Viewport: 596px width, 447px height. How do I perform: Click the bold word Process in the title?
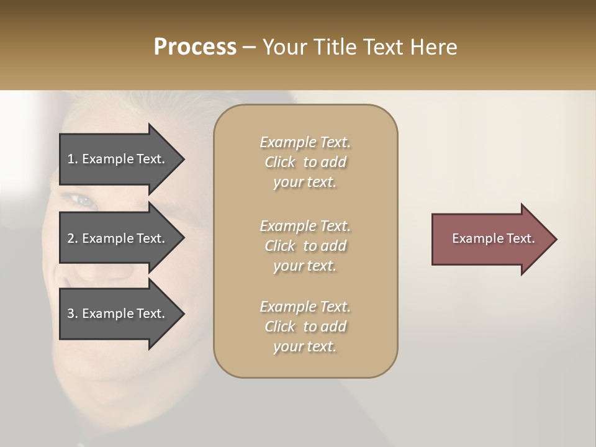point(195,47)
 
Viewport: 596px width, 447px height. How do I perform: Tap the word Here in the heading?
point(433,47)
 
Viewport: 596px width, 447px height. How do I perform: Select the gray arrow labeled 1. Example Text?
point(118,159)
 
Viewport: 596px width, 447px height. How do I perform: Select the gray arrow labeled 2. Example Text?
point(118,238)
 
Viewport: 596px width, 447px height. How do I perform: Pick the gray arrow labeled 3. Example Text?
point(118,314)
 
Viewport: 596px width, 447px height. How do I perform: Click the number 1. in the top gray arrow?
point(73,159)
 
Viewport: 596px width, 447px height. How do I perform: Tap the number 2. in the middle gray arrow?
point(73,238)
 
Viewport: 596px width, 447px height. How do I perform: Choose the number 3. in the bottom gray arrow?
point(73,314)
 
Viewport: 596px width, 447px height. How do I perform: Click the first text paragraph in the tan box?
point(305,162)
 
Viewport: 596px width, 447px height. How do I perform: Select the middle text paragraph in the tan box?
point(305,246)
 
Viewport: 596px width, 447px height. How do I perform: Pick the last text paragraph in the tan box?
point(305,327)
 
